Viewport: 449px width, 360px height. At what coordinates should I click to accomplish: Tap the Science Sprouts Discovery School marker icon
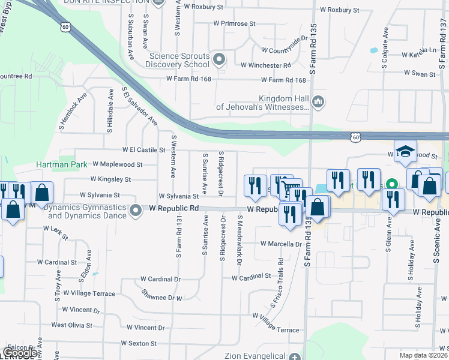click(219, 59)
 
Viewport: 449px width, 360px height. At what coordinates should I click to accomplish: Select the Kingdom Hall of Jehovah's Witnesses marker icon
click(318, 103)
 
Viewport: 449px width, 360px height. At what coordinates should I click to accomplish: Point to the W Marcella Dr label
click(281, 244)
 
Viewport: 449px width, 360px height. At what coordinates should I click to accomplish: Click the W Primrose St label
click(234, 24)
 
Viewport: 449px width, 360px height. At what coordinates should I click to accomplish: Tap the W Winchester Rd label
click(266, 65)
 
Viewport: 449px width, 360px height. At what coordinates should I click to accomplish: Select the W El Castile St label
click(143, 149)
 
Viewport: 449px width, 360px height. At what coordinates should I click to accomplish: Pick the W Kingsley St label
click(110, 179)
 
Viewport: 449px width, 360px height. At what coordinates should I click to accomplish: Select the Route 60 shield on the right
click(356, 138)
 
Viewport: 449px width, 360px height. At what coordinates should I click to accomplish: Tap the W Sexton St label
click(139, 344)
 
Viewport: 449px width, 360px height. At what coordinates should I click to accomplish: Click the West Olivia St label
click(71, 325)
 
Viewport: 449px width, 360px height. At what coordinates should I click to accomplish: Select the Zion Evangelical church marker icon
click(294, 356)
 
